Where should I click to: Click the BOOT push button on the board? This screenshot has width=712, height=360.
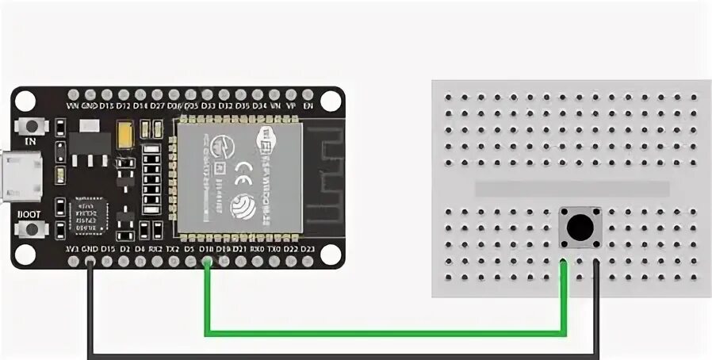[33, 229]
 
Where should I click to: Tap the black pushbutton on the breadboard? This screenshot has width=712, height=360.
[581, 228]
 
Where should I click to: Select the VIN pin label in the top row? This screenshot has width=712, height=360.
[72, 105]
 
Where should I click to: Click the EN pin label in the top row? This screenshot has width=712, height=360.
[308, 105]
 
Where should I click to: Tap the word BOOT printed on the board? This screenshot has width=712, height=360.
[29, 213]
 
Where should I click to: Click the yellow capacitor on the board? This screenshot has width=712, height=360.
[125, 133]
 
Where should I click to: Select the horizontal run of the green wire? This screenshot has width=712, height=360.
[385, 331]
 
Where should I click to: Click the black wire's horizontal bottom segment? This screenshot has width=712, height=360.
[341, 354]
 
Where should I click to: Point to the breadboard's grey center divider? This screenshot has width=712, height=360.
[571, 189]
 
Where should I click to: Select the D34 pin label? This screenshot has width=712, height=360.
[259, 105]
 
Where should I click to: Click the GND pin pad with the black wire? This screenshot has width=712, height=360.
[90, 262]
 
